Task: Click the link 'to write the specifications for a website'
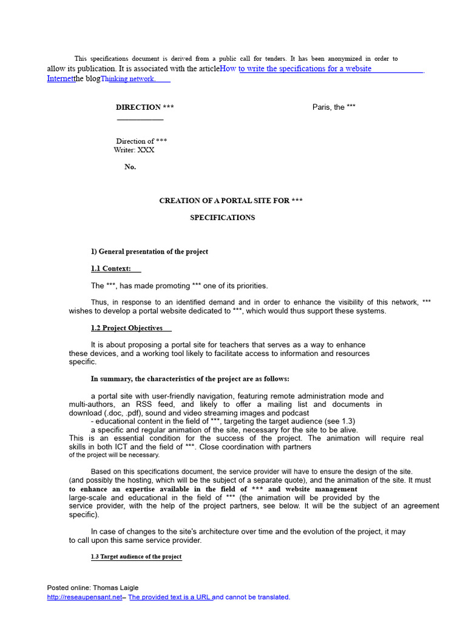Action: coord(305,69)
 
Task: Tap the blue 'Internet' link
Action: coord(60,79)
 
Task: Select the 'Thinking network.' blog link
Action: coord(129,79)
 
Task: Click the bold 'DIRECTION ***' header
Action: coord(145,107)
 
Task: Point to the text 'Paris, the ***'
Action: coord(334,107)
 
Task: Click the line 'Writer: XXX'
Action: coord(134,150)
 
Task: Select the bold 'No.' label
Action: coord(130,167)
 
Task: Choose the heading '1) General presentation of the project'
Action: coord(149,252)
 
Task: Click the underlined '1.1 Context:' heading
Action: coord(111,269)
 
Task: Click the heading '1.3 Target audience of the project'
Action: coord(137,557)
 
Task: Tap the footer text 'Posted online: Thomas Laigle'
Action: coord(93,588)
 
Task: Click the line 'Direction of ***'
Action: coord(141,141)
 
